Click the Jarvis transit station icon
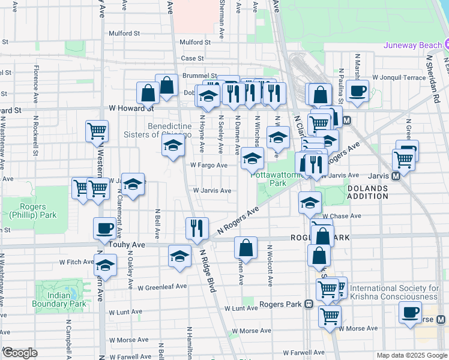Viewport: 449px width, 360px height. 396,176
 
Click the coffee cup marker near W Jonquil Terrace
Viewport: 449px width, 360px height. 358,91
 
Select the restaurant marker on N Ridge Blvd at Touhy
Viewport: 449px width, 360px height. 197,227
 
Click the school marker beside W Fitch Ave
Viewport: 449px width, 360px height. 106,265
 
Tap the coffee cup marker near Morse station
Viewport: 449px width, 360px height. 411,312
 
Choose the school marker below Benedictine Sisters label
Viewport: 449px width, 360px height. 173,145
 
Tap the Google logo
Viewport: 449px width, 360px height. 20,353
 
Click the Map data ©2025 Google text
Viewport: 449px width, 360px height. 411,355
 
